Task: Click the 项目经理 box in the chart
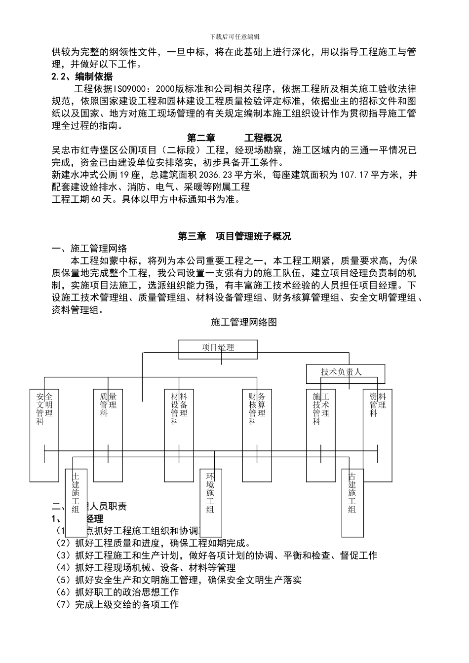218,348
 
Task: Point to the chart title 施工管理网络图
244,322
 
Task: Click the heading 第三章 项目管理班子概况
234,236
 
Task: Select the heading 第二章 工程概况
234,138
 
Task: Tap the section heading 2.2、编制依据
82,77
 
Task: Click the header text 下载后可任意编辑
234,37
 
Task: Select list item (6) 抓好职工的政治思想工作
117,592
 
